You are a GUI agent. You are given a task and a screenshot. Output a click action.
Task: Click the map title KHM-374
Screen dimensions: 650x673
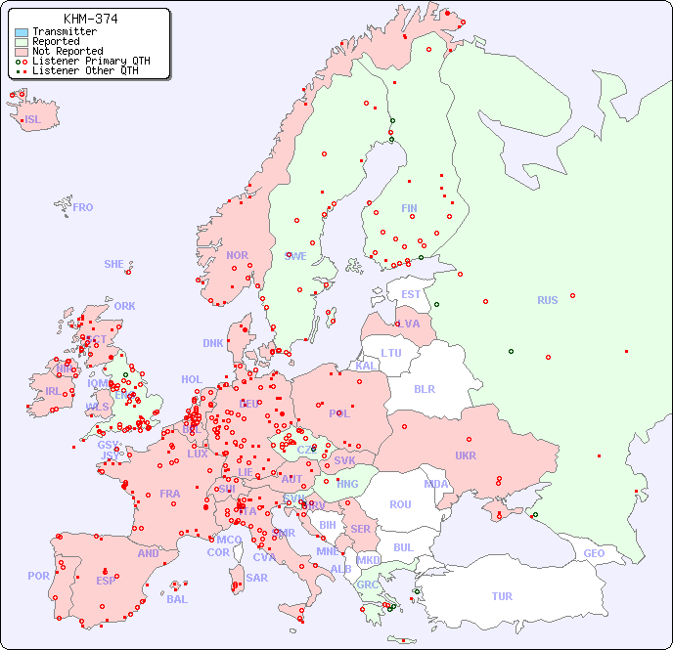coord(90,19)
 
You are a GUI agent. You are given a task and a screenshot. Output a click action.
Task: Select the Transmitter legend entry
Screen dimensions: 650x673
coord(64,31)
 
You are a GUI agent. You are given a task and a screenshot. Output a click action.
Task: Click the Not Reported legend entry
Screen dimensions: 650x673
coord(67,51)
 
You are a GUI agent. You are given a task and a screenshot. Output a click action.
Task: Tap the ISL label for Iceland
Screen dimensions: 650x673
coord(33,120)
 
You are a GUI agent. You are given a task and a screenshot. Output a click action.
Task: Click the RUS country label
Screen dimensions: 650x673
coord(547,300)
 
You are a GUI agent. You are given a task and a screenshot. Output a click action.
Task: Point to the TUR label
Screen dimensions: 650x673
coord(502,596)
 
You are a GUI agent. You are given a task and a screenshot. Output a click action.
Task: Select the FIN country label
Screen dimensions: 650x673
coord(409,208)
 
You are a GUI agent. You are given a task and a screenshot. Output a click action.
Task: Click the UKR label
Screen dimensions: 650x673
coord(466,455)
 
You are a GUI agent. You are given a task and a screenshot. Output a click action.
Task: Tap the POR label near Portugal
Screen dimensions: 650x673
coord(38,576)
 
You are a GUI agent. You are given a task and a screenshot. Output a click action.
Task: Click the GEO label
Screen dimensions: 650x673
coord(594,553)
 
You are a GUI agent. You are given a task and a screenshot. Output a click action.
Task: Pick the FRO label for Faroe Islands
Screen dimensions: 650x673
coord(83,207)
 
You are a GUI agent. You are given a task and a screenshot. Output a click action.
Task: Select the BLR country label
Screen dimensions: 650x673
coord(425,388)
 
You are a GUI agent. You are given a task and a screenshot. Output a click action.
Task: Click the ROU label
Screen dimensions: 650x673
coord(400,504)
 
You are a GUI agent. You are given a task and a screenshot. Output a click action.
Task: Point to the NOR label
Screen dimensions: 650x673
coord(237,255)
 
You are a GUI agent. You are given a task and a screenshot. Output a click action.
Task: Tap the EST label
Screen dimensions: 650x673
coord(411,294)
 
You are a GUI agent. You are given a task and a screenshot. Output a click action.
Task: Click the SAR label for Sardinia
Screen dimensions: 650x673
coord(256,578)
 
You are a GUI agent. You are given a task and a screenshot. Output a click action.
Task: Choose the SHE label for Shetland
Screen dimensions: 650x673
coord(114,264)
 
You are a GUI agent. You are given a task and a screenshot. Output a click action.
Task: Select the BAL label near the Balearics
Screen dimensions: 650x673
coord(177,599)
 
